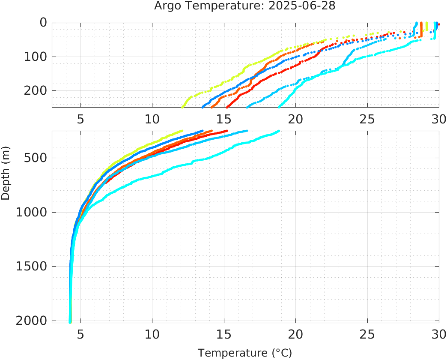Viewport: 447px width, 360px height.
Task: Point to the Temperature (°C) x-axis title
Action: [x=244, y=353]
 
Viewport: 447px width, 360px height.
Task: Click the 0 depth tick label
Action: [x=43, y=23]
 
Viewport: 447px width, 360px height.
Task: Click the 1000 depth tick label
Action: [x=32, y=212]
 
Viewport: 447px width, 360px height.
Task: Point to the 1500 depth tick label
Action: [x=32, y=266]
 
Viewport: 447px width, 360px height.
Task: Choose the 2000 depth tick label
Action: [x=32, y=320]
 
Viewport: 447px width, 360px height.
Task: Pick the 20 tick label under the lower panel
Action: [x=295, y=334]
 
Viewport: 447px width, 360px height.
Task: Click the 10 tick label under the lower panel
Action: [x=152, y=334]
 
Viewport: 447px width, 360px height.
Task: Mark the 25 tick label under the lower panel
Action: [x=367, y=334]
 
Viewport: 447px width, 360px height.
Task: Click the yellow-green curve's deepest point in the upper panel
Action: [x=183, y=106]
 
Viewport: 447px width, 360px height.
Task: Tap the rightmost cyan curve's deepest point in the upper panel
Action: [x=280, y=106]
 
